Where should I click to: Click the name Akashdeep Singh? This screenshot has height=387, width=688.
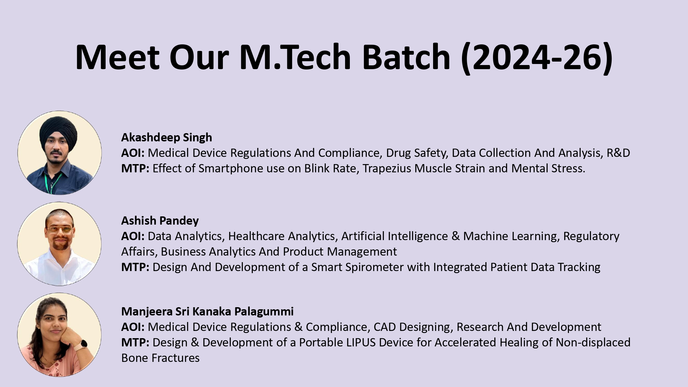pyautogui.click(x=166, y=138)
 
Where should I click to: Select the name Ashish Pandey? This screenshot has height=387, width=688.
pyautogui.click(x=160, y=221)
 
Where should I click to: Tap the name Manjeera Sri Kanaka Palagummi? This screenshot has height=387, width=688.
pyautogui.click(x=207, y=312)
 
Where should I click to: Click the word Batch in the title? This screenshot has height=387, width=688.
pyautogui.click(x=406, y=57)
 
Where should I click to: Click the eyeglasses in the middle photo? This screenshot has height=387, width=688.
pyautogui.click(x=60, y=230)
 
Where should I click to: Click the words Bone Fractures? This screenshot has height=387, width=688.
pyautogui.click(x=161, y=358)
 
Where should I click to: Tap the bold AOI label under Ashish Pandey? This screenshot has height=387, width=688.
pyautogui.click(x=133, y=236)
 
